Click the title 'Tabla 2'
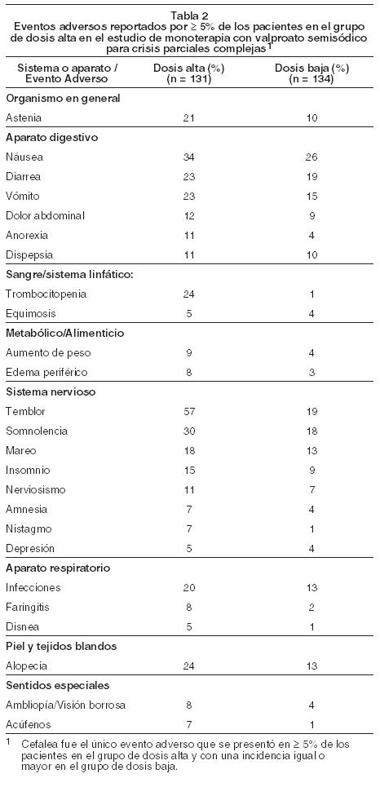(190, 15)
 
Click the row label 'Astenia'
(24, 118)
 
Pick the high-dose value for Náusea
(189, 157)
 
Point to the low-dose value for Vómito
(312, 197)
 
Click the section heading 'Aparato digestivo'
(51, 138)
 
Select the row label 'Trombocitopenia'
(46, 294)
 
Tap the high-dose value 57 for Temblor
(189, 412)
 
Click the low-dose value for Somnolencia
(312, 431)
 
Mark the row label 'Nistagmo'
(29, 529)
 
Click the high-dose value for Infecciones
(189, 588)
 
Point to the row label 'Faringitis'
(28, 608)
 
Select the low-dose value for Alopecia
(312, 666)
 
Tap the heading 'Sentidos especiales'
(58, 686)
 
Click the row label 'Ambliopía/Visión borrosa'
(66, 705)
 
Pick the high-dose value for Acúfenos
(189, 725)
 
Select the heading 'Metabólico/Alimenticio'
(64, 334)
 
